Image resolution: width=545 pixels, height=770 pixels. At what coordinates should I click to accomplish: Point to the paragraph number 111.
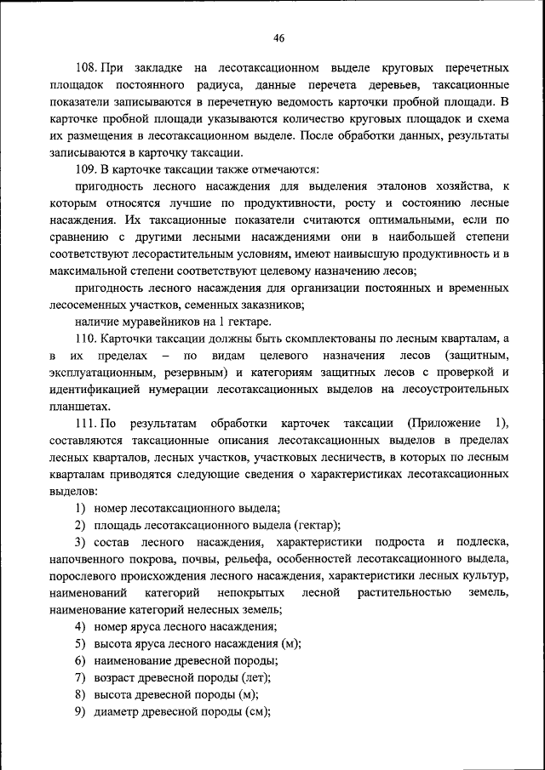pyautogui.click(x=86, y=424)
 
